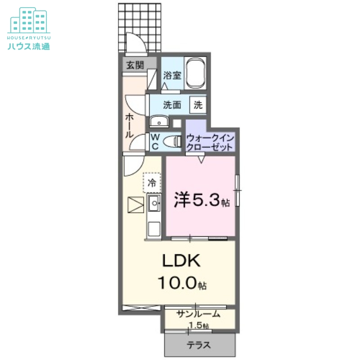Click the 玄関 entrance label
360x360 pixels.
pos(135,65)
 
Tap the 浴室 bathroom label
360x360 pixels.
pos(172,75)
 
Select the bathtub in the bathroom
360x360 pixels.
pos(196,73)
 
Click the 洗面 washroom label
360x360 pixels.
pos(172,105)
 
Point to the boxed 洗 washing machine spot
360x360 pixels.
pos(198,105)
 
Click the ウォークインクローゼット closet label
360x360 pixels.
pos(209,143)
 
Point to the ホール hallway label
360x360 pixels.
pos(129,126)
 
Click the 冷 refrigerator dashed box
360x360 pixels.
pos(152,183)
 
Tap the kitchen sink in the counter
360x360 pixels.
pos(153,206)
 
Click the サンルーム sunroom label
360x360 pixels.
pos(198,314)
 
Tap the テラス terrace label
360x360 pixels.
pos(199,346)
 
